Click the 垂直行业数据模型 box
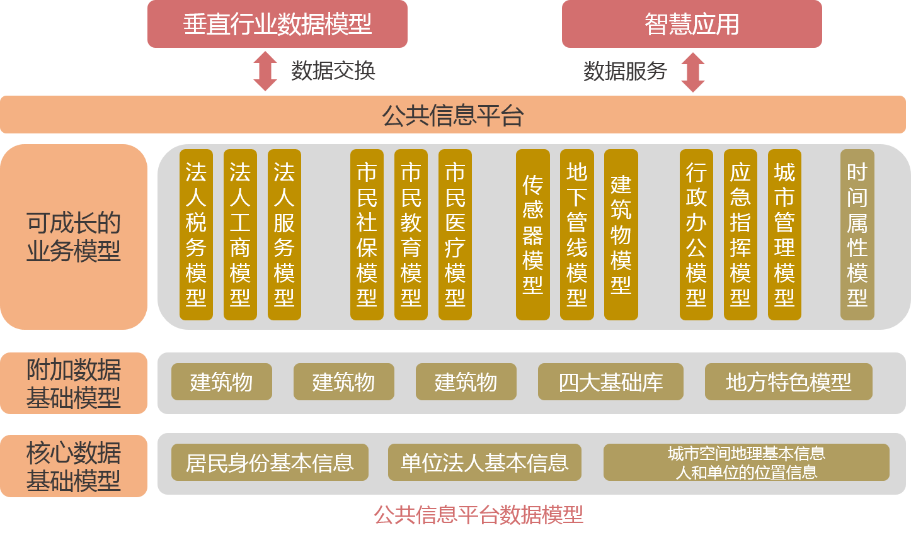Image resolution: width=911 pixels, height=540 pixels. click(277, 24)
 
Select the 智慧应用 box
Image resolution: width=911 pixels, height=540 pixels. click(692, 24)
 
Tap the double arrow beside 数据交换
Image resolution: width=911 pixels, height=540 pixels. click(265, 71)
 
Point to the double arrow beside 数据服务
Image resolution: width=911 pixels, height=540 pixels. click(693, 72)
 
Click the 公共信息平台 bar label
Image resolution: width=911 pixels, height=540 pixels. click(453, 115)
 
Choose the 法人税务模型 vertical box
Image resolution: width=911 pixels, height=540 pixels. click(196, 235)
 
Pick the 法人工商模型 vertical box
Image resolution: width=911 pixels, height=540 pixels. click(240, 235)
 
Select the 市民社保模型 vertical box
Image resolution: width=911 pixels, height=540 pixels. click(367, 235)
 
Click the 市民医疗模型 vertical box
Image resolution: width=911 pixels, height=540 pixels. click(455, 235)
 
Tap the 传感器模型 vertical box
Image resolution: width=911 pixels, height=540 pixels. click(533, 235)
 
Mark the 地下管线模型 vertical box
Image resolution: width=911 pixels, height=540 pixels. click(577, 235)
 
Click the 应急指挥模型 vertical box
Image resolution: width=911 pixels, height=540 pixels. click(740, 235)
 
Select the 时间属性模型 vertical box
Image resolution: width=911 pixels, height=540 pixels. click(857, 235)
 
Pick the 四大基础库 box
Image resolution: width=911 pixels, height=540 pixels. click(610, 382)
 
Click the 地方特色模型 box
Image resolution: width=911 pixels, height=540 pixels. click(788, 382)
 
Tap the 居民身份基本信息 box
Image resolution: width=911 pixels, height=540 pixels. click(270, 463)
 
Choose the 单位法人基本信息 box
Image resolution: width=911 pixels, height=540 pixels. click(484, 463)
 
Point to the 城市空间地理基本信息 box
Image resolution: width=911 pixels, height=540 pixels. click(746, 463)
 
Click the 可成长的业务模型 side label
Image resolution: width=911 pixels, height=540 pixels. click(74, 237)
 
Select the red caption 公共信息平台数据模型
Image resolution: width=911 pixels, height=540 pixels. click(478, 515)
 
